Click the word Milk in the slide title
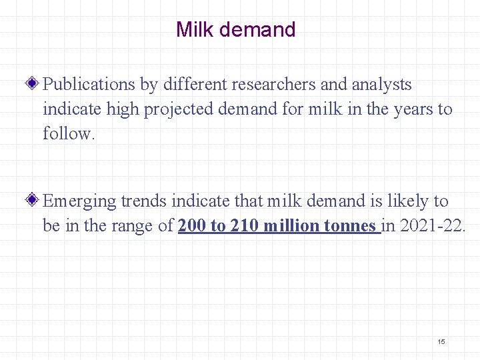pos(192,30)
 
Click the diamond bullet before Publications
pos(35,85)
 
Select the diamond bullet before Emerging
pos(35,201)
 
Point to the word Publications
pos(89,85)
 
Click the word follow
pos(69,133)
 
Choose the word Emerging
pos(79,201)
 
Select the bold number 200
pos(192,226)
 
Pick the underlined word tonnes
pos(349,226)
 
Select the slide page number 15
pos(441,341)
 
